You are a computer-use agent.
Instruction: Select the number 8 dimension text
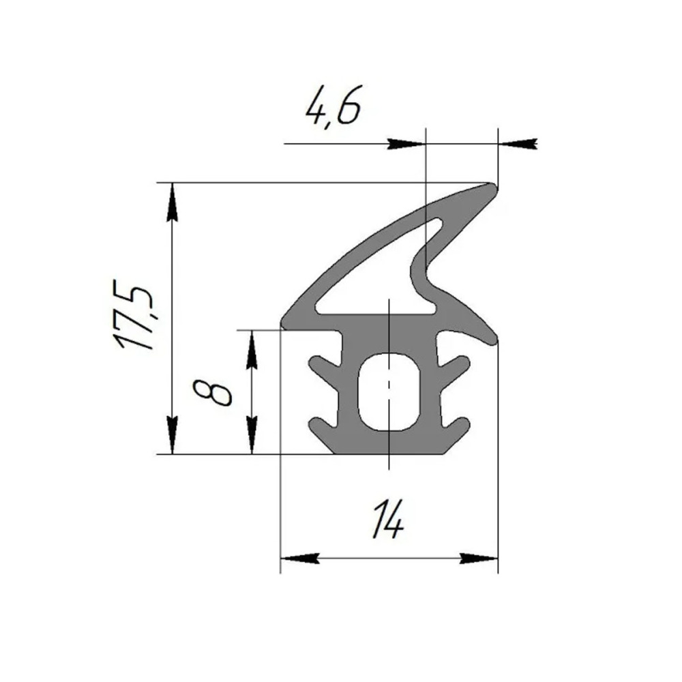[212, 392]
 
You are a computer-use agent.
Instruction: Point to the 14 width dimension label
[387, 519]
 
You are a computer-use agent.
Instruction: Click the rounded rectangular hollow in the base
[389, 391]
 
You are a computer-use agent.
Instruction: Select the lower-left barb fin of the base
[324, 426]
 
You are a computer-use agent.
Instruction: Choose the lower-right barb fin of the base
[454, 426]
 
